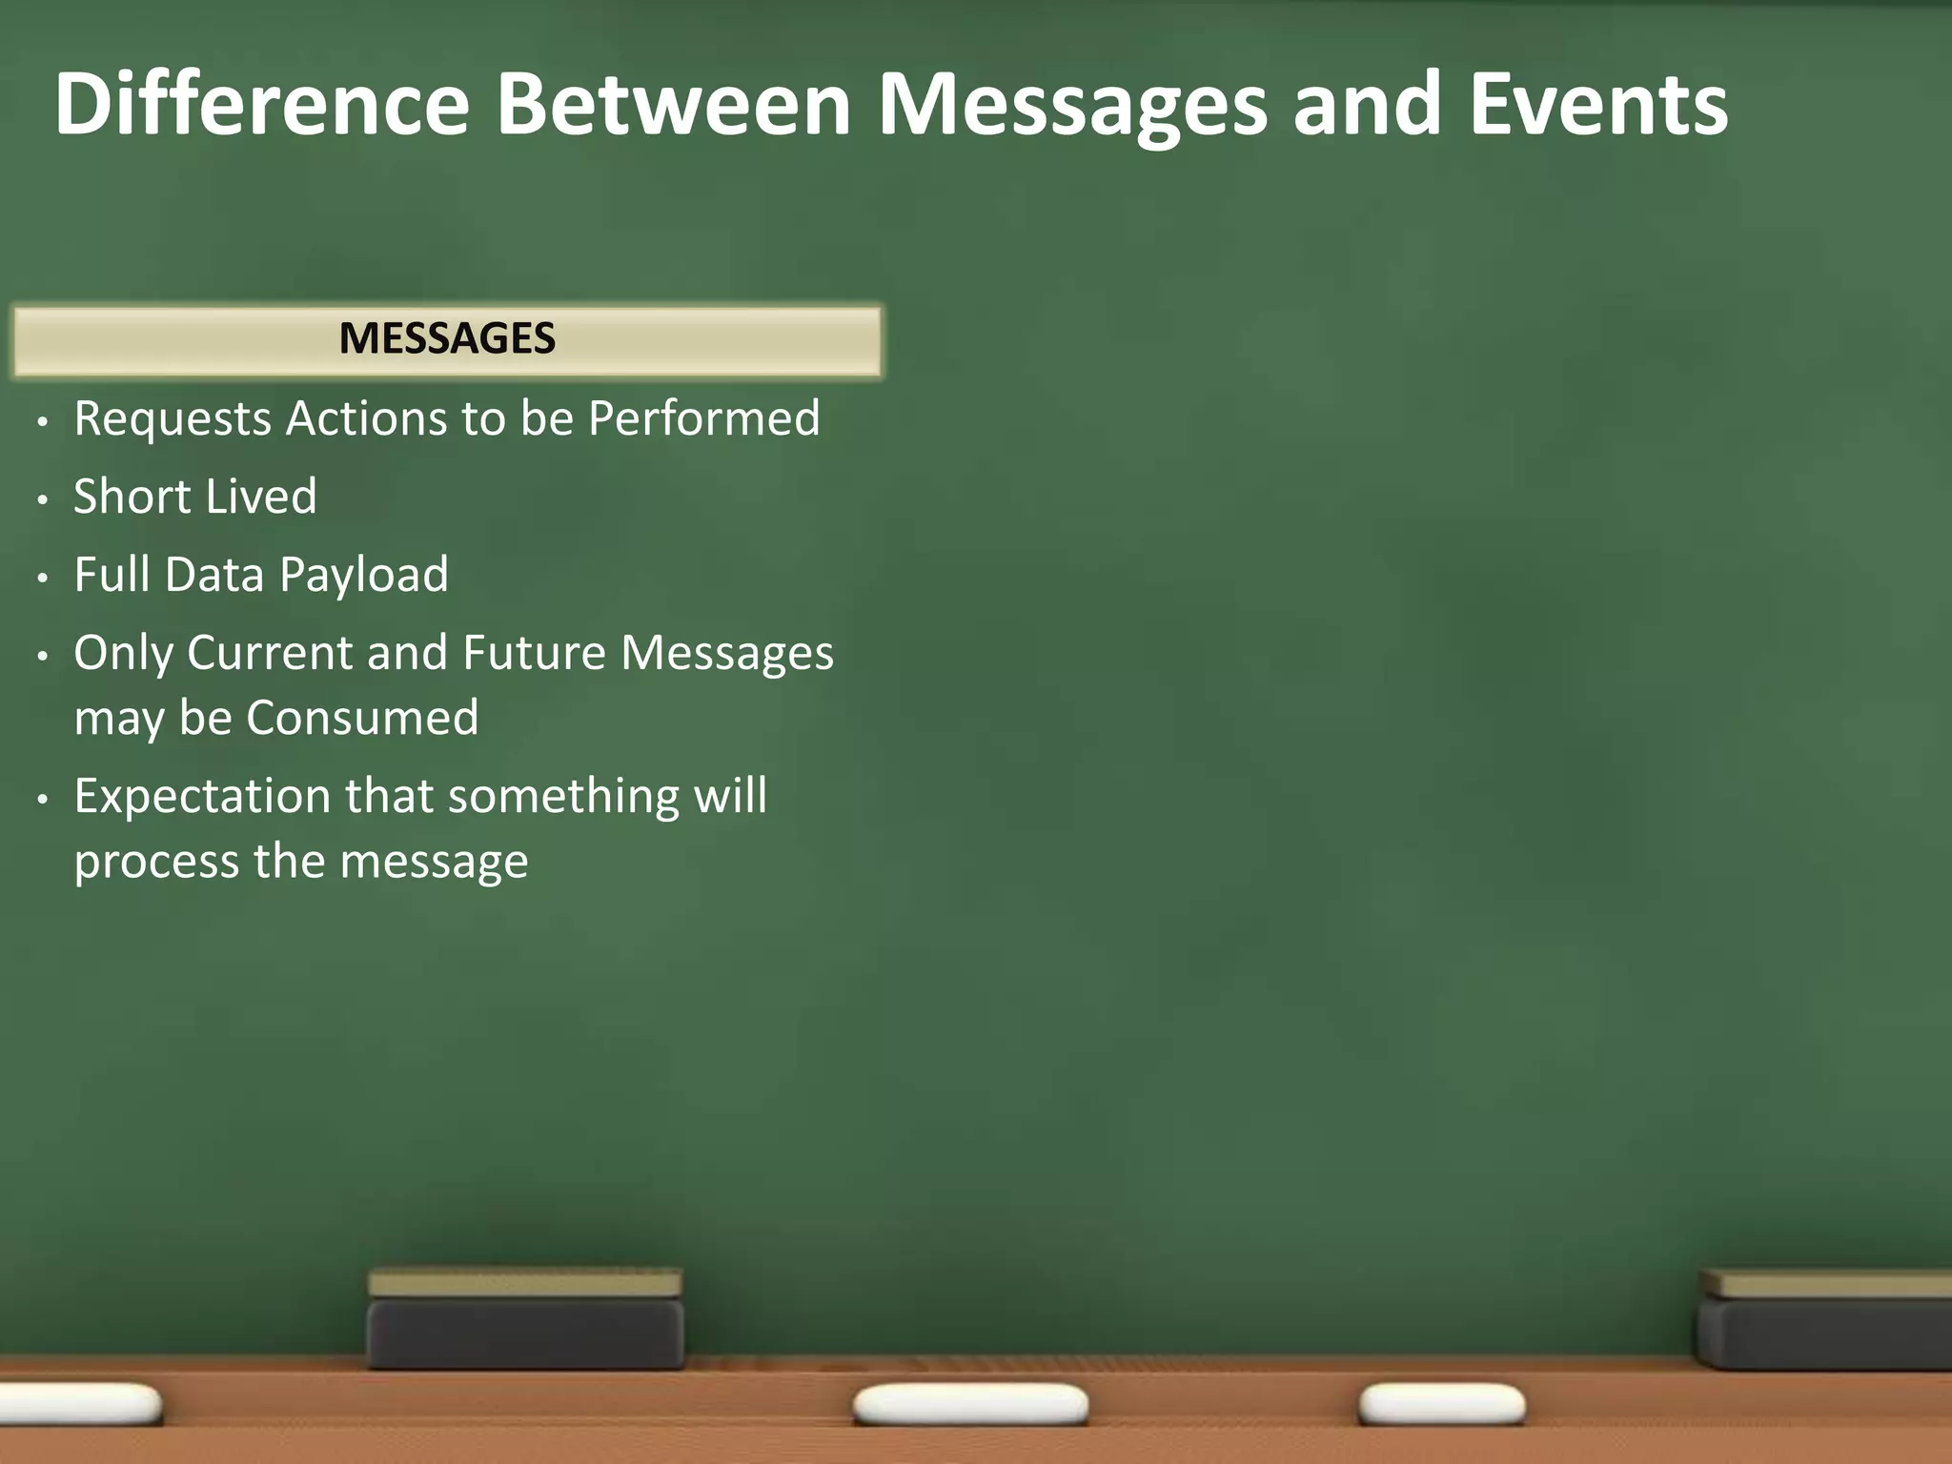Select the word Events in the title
tap(1598, 105)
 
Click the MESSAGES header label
tap(447, 339)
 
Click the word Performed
tap(703, 419)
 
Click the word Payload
tap(363, 576)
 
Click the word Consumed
tap(362, 718)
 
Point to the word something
tap(563, 797)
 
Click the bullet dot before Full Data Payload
tap(42, 578)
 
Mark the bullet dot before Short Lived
tap(42, 499)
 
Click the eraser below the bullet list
tap(525, 1319)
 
